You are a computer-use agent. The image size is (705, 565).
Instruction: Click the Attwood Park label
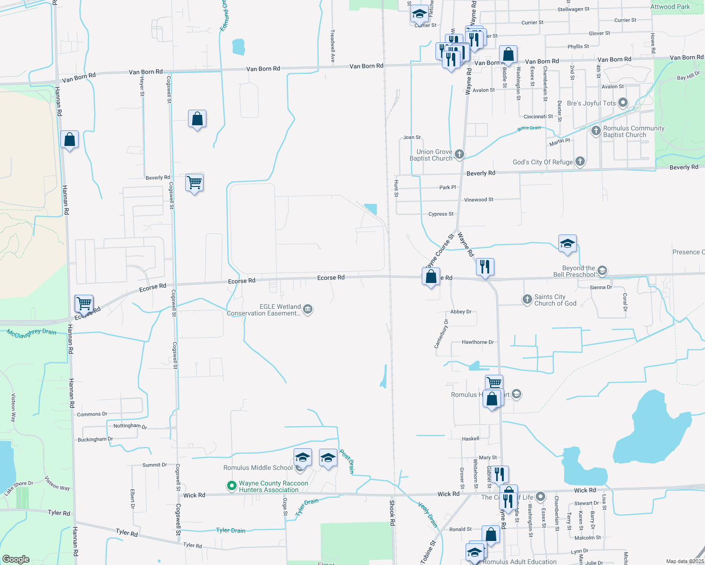click(670, 7)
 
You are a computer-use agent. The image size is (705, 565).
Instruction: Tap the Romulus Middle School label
click(258, 468)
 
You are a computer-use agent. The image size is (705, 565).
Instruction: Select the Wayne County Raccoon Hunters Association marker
click(231, 486)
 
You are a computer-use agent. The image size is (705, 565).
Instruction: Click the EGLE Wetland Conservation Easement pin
click(308, 309)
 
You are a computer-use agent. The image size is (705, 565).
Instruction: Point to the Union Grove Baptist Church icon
click(459, 154)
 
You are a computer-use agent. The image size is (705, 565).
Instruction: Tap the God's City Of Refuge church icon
click(580, 161)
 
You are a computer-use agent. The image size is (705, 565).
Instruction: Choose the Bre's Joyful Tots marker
click(623, 103)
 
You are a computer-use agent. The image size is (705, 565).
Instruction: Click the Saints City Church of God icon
click(527, 299)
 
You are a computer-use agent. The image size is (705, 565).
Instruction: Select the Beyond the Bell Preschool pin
click(602, 271)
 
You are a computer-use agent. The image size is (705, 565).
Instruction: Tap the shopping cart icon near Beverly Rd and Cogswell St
click(195, 182)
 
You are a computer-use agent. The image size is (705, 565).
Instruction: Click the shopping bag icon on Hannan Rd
click(70, 139)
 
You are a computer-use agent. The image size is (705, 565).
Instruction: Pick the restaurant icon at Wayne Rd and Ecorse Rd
click(485, 267)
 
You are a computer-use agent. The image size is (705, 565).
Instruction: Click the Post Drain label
click(347, 462)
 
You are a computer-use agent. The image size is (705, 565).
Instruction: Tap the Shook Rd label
click(392, 512)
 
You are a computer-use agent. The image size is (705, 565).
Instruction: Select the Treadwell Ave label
click(332, 46)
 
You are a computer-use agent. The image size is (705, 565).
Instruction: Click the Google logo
click(16, 559)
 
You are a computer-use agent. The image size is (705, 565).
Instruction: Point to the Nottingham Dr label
click(130, 426)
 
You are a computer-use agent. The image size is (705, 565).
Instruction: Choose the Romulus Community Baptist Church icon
click(596, 131)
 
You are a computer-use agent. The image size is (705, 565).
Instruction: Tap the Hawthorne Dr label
click(477, 342)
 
